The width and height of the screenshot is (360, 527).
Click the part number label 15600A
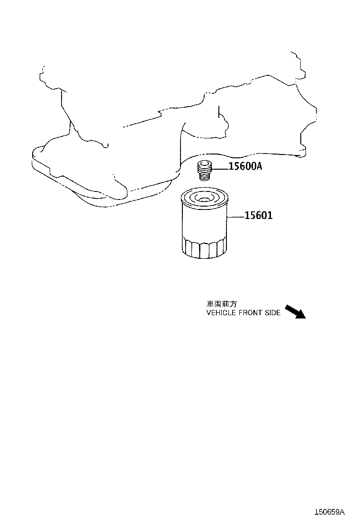pos(245,166)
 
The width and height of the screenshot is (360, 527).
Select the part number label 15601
pos(258,215)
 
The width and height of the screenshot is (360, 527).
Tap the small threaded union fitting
pos(204,171)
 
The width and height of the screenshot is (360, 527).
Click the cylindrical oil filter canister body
pos(204,224)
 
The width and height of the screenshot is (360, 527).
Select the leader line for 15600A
pos(220,166)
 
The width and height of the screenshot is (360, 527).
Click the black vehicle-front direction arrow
pos(295,311)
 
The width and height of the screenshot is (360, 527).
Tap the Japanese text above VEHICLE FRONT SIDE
pos(221,304)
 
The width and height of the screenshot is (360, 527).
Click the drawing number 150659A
pos(329,512)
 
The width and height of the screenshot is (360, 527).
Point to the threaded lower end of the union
pos(204,175)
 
